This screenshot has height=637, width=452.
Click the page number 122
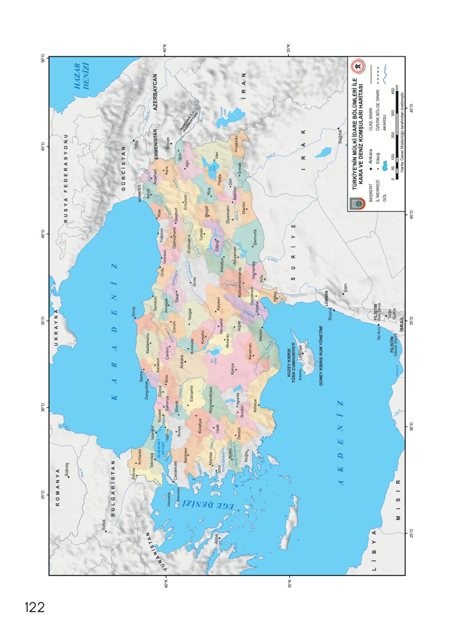pyautogui.click(x=35, y=607)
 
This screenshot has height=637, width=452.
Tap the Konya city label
pyautogui.click(x=233, y=369)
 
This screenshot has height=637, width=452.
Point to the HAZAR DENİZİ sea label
pyautogui.click(x=81, y=76)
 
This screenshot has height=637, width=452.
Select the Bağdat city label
pyautogui.click(x=340, y=136)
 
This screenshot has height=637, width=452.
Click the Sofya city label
pyautogui.click(x=104, y=525)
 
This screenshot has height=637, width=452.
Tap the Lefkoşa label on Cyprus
pyautogui.click(x=300, y=353)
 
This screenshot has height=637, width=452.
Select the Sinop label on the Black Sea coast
pyautogui.click(x=133, y=312)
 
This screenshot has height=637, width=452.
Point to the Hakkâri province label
pyautogui.click(x=236, y=143)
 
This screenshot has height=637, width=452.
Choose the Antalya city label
pyautogui.click(x=255, y=406)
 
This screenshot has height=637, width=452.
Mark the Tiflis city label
pyautogui.click(x=137, y=145)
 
